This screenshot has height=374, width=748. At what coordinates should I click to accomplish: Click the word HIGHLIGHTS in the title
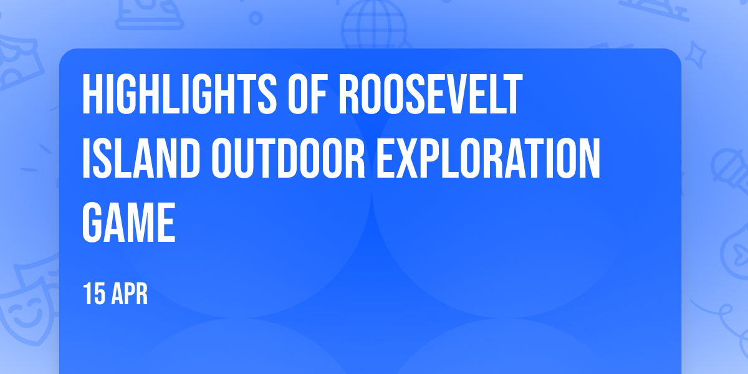click(180, 94)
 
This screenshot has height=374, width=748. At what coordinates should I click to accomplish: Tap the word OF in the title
click(307, 94)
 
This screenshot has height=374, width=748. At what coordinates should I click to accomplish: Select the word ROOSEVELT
click(431, 94)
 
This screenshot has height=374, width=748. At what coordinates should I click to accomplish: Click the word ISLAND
click(141, 158)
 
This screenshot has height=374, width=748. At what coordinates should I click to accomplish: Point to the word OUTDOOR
click(288, 158)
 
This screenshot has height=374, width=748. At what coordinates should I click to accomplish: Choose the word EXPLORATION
click(488, 158)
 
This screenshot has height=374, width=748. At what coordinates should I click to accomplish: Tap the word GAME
click(128, 223)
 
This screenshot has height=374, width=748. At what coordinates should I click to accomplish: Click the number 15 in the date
click(94, 294)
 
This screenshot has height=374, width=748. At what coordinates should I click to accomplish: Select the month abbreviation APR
click(130, 294)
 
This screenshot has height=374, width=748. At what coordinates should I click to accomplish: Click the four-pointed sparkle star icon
click(696, 55)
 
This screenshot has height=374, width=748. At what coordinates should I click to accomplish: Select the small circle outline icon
click(256, 18)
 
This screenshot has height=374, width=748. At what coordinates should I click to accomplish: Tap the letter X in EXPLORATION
click(408, 158)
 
